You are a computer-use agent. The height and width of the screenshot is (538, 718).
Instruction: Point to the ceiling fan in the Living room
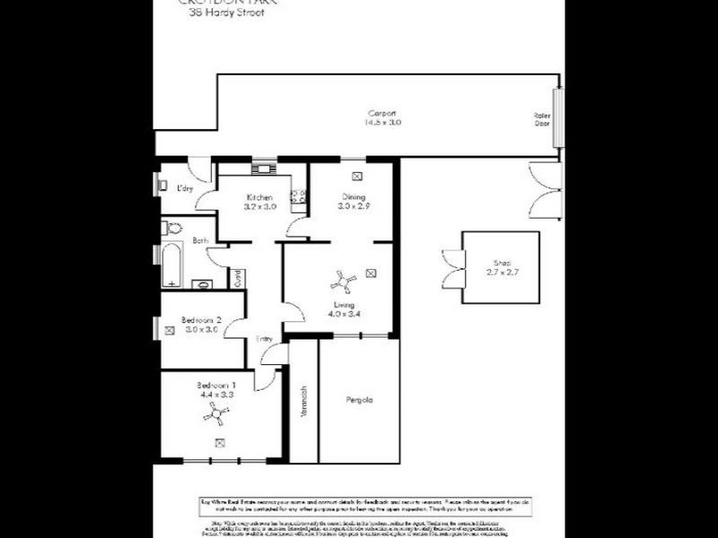341,283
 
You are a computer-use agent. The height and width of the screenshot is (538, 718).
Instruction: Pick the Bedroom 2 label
201,319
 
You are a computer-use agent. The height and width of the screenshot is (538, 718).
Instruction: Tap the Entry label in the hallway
264,339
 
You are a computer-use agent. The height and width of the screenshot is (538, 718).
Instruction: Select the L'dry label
185,187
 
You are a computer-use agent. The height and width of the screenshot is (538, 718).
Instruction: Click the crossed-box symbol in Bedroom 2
170,330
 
